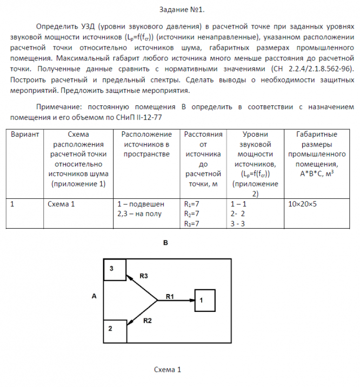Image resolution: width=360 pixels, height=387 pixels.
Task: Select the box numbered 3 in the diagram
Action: coord(115,270)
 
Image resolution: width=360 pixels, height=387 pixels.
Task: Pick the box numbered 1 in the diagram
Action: coord(205,300)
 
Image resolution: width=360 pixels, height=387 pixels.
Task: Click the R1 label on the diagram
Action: coord(170,296)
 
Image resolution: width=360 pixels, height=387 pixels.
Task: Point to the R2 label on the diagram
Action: coord(148,321)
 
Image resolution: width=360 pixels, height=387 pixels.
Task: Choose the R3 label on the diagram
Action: coord(144,276)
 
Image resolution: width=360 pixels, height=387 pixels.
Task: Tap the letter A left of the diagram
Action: coord(94,296)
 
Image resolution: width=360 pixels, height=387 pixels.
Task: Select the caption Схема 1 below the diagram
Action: coord(168,370)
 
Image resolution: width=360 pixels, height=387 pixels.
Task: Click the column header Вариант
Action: coord(25,134)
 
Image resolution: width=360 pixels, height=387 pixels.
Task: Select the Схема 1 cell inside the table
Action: coord(61,204)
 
